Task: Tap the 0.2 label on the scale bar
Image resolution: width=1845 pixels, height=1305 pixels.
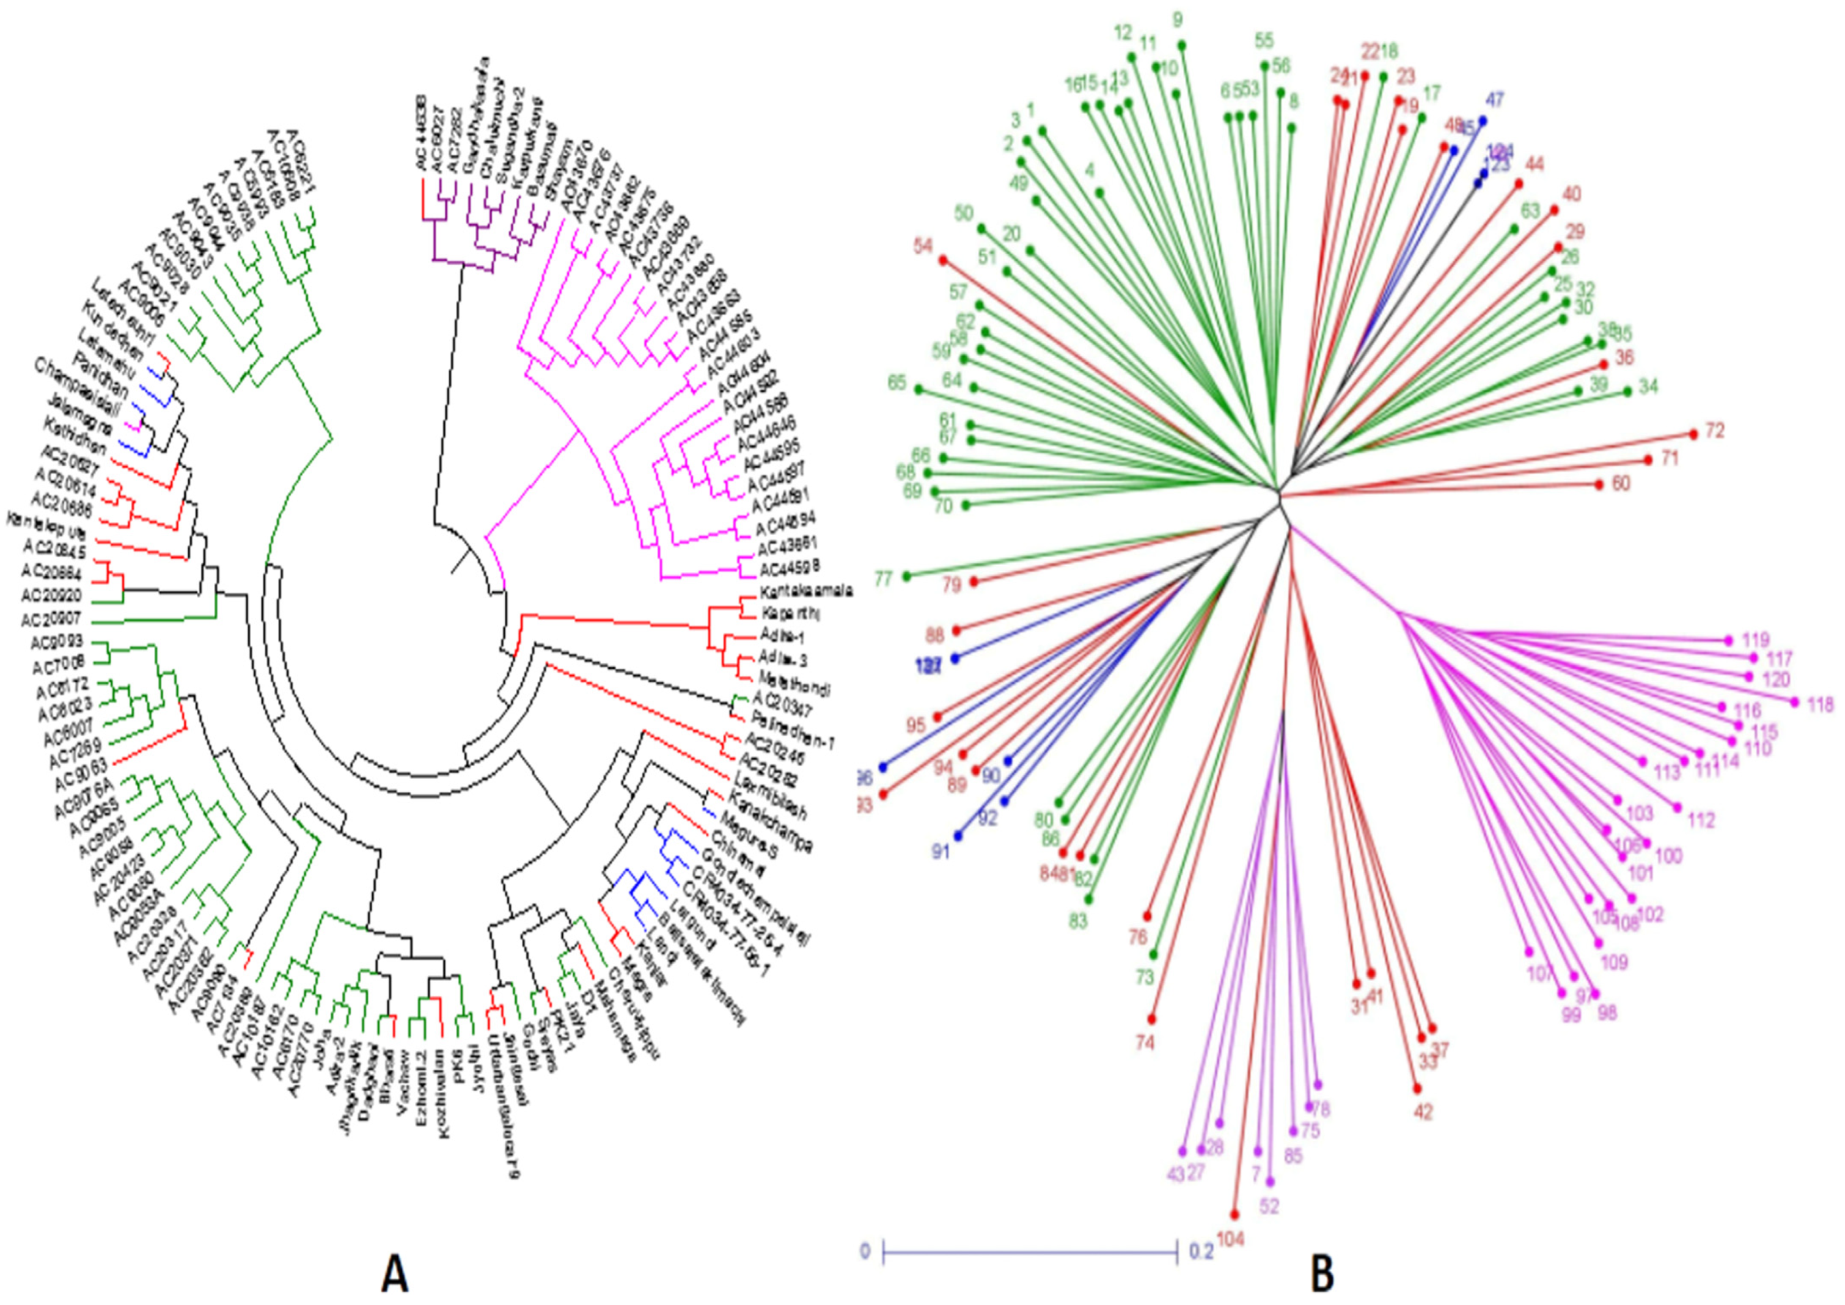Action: [1199, 1252]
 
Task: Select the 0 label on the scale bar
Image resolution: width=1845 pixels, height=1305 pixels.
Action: [865, 1252]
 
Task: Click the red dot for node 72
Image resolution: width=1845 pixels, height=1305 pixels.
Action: [1693, 434]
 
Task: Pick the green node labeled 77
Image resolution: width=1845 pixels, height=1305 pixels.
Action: [908, 576]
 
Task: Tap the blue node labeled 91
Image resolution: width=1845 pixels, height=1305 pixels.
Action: [957, 836]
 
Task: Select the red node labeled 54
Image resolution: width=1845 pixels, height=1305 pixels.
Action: [944, 260]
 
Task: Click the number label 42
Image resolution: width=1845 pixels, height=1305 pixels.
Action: [1423, 1112]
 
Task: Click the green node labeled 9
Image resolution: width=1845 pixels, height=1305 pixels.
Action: [1182, 45]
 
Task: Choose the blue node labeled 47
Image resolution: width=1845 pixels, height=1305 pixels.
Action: [1483, 120]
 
